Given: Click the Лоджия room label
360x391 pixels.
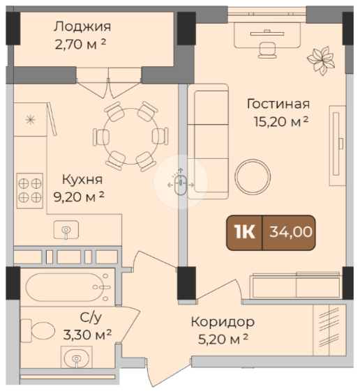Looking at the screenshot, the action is (x=82, y=26).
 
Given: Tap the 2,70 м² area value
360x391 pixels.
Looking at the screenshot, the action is (x=80, y=45).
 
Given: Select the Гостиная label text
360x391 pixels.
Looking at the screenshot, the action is (x=278, y=104).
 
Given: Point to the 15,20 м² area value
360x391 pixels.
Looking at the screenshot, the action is (x=281, y=122).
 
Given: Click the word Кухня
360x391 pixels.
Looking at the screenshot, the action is (x=82, y=179).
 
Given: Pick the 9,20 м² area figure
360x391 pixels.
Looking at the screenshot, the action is (x=79, y=197).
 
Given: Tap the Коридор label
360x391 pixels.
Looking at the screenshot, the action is (x=223, y=322).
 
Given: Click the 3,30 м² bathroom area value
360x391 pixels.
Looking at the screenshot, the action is (x=87, y=335).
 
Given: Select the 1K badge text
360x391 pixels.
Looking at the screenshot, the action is (x=245, y=232).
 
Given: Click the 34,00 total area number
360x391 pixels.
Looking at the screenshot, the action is (x=291, y=232).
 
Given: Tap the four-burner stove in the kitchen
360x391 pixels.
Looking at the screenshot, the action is (x=30, y=191).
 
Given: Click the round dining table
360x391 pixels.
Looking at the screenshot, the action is (x=130, y=136).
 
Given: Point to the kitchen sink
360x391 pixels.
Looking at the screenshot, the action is (x=66, y=230).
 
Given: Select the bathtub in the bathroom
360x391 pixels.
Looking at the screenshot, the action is (x=68, y=287).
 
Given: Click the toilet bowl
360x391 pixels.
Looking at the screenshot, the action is (x=38, y=330).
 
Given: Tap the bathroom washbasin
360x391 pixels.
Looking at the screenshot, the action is (x=76, y=358).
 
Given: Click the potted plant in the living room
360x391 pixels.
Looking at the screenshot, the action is (x=321, y=61).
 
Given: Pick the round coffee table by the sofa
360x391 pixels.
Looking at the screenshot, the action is (x=253, y=177).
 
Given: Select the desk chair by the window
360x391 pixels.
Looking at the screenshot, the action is (x=267, y=50).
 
